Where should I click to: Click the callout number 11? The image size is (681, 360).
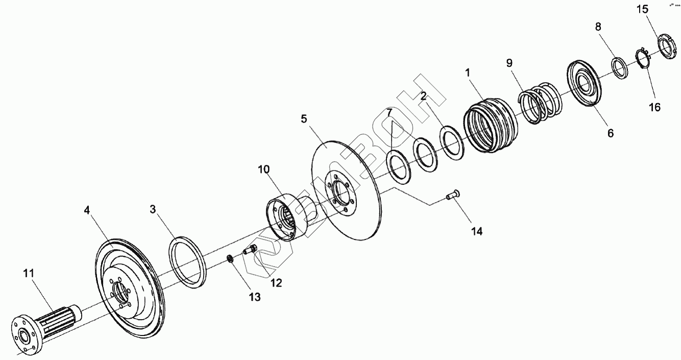28,273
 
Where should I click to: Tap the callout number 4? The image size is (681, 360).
88,209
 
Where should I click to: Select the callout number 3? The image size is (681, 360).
153,209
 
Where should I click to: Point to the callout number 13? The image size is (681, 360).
254,297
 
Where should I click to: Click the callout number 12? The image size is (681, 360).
276,282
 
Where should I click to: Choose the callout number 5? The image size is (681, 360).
304,119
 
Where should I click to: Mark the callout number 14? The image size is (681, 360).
476,231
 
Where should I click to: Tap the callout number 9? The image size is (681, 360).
509,63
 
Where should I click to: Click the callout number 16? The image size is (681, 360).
654,107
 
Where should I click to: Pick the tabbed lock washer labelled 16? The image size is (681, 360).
642,57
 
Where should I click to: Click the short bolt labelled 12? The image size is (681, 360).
249,250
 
